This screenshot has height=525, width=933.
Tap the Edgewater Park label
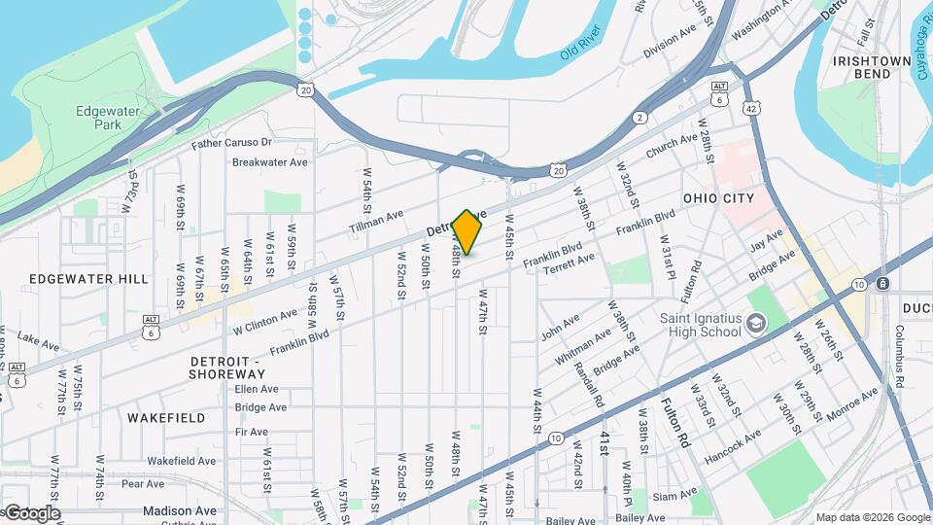pos(108,119)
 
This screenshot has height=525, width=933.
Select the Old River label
pos(582,50)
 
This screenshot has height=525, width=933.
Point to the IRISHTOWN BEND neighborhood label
pos(872,67)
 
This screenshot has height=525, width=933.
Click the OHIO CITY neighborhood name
pos(718,198)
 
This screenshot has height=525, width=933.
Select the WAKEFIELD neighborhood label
pos(166,418)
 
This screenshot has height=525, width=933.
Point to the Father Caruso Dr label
pos(231,144)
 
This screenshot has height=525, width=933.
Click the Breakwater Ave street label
pos(269,162)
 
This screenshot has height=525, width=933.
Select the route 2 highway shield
pos(639,118)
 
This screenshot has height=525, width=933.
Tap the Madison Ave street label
pos(180,510)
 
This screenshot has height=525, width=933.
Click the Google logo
pos(31,512)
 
